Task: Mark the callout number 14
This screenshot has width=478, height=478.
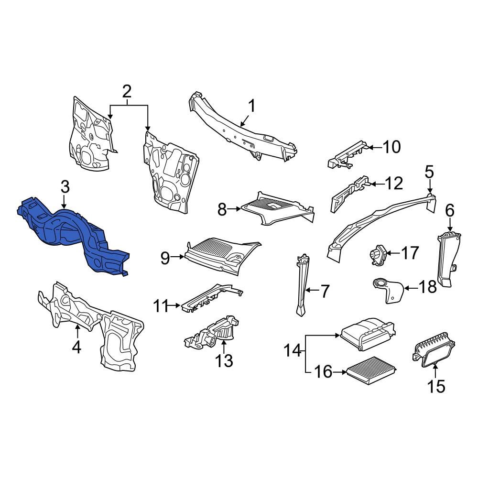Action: point(293,351)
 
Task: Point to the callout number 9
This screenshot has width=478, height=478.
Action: point(165,259)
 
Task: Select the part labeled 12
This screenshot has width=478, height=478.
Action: point(350,193)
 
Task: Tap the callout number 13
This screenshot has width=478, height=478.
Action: point(224,360)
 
